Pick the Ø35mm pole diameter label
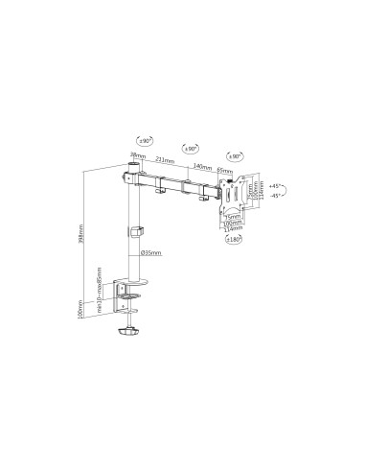(x=152, y=252)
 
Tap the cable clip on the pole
(x=136, y=230)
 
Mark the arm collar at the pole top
(x=131, y=176)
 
